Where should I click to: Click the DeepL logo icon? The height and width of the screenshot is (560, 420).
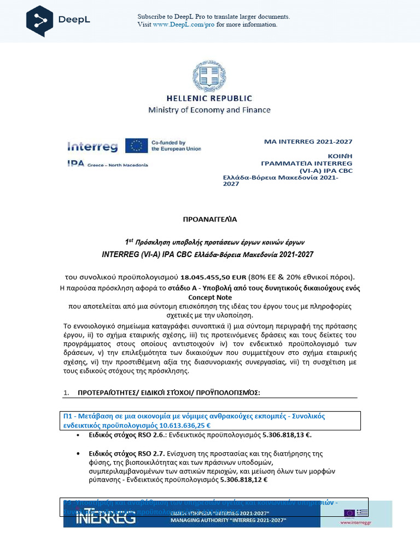coord(40,21)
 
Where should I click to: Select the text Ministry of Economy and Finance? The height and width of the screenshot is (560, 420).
coord(209,110)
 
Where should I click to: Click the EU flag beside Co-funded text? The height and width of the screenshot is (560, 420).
coord(136,145)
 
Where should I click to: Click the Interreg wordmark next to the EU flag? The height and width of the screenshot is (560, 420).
coord(92,146)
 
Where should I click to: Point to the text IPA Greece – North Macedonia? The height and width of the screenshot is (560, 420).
coord(107,164)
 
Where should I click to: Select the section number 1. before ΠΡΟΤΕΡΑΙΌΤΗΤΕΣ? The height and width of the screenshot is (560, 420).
coord(66,393)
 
